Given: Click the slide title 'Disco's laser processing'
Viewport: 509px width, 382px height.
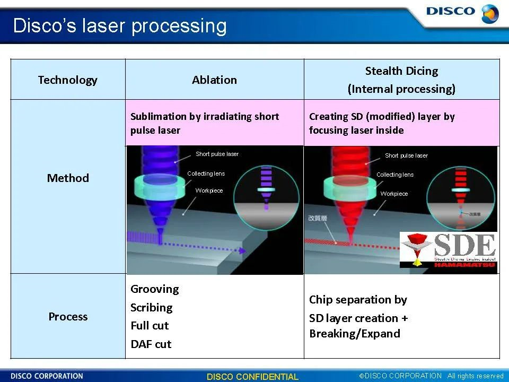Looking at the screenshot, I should click(119, 25).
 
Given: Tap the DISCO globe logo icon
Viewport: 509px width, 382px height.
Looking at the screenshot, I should click(489, 13).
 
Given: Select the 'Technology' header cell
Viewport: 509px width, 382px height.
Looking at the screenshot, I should click(68, 80).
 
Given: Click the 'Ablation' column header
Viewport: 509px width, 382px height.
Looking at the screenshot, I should click(214, 80).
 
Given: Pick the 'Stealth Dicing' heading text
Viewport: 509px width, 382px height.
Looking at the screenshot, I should click(401, 71).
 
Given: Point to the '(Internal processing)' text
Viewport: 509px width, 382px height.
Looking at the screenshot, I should click(401, 89).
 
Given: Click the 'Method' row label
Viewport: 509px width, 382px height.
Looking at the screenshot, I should click(68, 178).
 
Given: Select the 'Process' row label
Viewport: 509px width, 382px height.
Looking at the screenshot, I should click(68, 317).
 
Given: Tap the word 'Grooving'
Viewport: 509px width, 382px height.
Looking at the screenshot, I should click(154, 289).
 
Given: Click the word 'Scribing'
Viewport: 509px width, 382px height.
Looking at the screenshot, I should click(152, 308).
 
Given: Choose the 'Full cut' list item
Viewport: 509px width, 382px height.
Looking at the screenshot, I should click(150, 326).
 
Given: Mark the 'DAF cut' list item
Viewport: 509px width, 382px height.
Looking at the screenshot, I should click(151, 344).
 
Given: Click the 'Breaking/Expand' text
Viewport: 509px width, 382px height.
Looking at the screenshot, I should click(355, 334).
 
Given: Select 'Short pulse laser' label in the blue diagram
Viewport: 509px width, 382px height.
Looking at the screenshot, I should click(217, 154).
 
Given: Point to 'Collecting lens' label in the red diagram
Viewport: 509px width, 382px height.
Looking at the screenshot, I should click(394, 175).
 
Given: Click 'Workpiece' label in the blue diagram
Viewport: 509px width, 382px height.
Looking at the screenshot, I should click(209, 190).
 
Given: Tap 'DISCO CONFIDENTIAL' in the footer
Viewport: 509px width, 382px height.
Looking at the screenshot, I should click(252, 377).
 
